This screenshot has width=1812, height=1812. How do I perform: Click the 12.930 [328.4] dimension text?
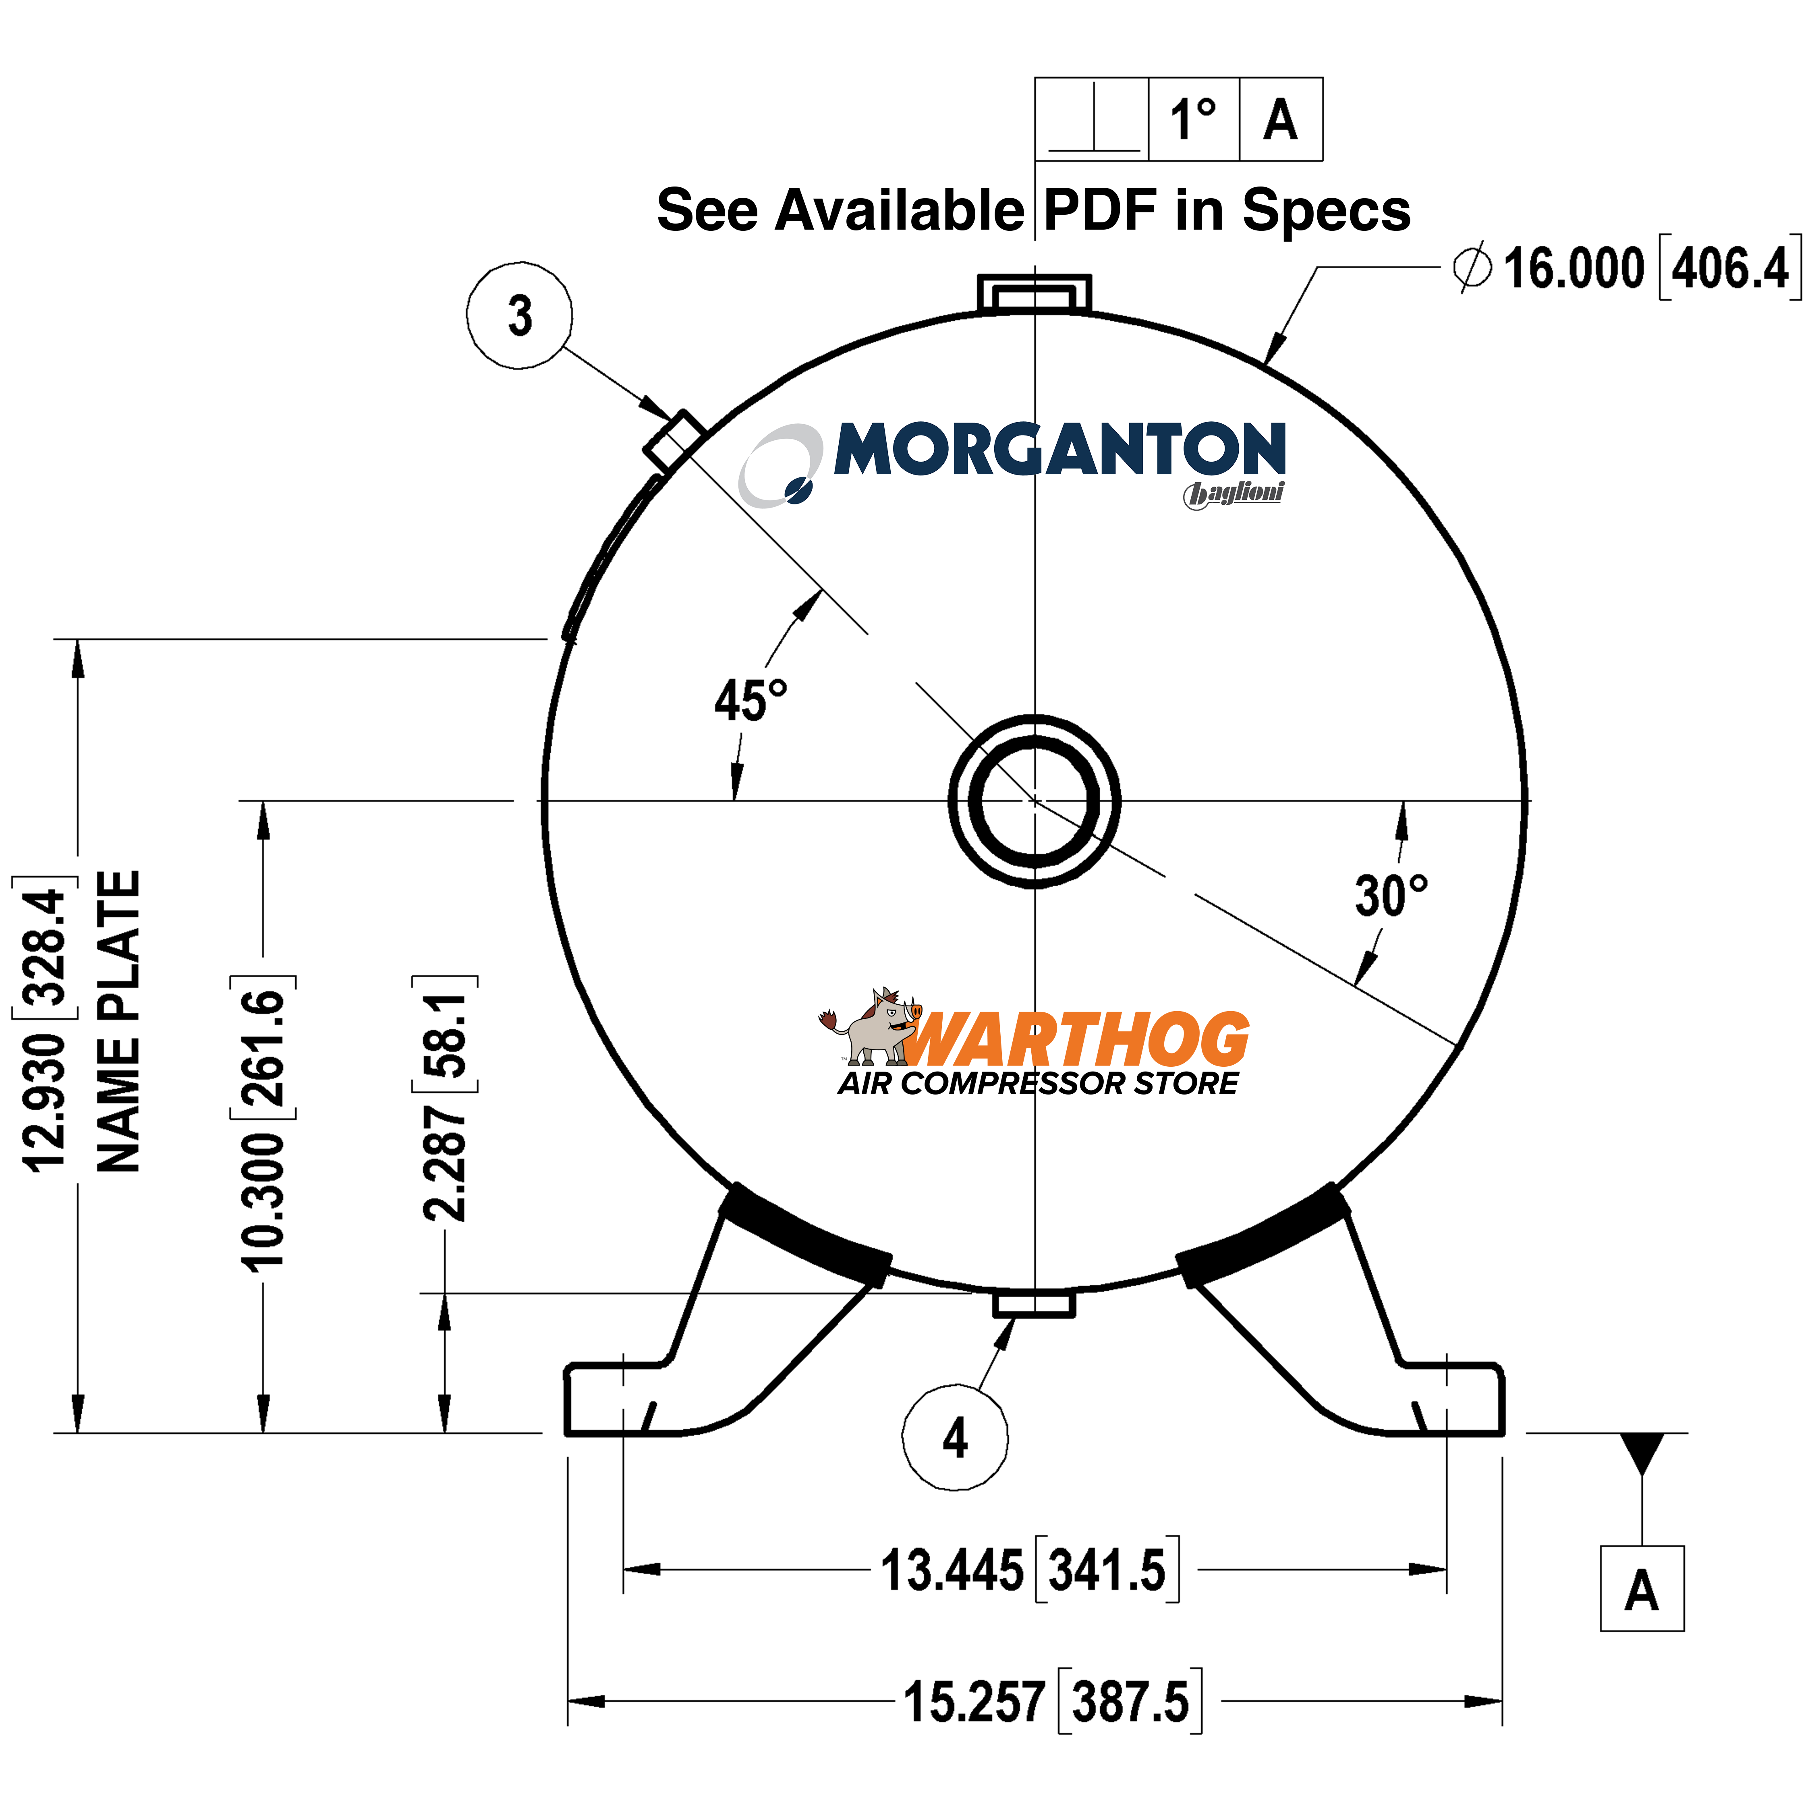pyautogui.click(x=45, y=1027)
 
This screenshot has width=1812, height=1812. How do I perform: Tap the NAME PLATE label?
pyautogui.click(x=119, y=1022)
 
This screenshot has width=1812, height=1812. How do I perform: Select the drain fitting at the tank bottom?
pyautogui.click(x=1034, y=1304)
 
